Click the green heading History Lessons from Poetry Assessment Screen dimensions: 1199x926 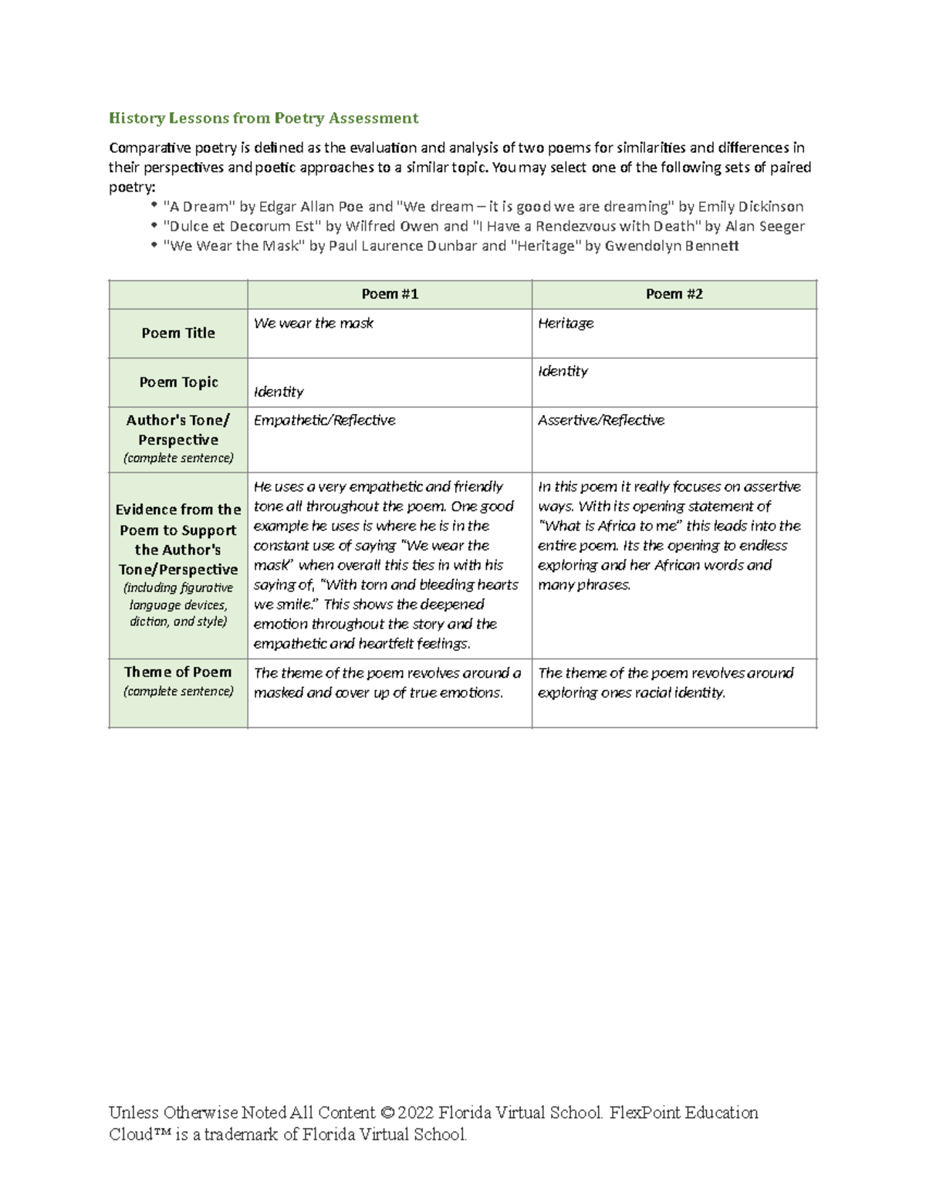[263, 118]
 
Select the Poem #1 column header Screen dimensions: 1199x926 [390, 294]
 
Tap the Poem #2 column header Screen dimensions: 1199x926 [674, 294]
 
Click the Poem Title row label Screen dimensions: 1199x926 [178, 333]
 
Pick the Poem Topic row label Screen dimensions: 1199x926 [178, 382]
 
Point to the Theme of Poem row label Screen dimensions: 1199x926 [178, 672]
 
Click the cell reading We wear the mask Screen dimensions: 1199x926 [313, 323]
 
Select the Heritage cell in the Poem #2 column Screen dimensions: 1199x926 [566, 323]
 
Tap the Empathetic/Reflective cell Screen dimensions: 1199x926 [324, 420]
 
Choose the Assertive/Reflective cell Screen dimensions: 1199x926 [601, 420]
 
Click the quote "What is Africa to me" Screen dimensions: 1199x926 [610, 527]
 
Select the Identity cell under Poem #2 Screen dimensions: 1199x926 [563, 371]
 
